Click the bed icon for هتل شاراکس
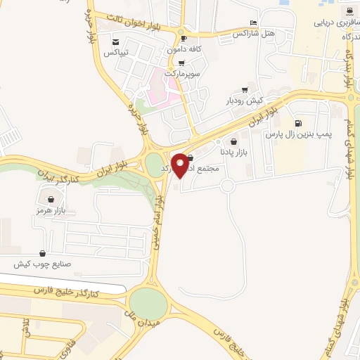(254, 23)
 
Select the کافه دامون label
(185, 49)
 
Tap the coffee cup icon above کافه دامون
(184, 39)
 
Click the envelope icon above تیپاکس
(115, 42)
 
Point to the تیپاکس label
(115, 53)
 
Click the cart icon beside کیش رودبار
(244, 89)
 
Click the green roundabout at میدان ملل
(148, 303)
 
